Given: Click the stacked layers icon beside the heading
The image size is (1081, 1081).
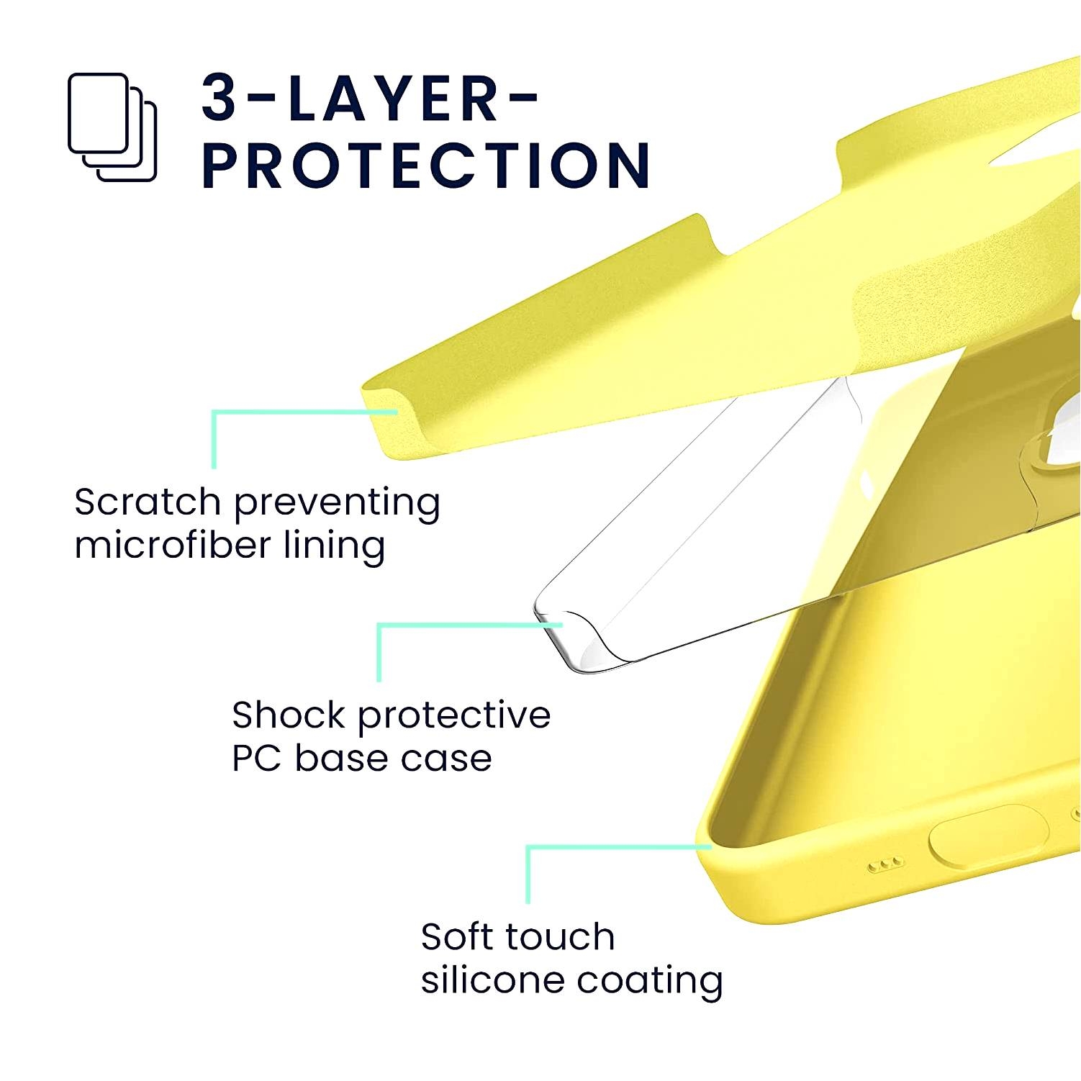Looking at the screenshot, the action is [112, 127].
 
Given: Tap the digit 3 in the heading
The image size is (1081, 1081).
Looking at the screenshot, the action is [220, 97].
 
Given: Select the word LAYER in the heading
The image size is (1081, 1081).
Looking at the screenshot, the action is [393, 97].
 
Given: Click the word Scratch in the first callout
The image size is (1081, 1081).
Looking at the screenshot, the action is [147, 502].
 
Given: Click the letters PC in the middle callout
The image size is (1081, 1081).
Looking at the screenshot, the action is [257, 758].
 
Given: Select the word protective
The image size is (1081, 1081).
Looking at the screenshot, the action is [454, 716].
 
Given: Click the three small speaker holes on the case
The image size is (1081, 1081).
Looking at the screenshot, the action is [885, 864].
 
